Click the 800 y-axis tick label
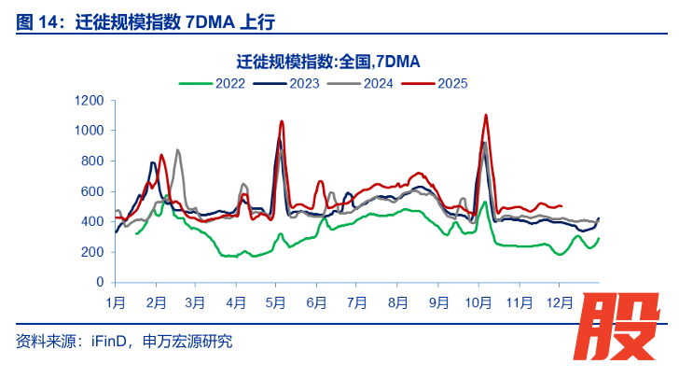point(92,161)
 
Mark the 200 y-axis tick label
point(92,252)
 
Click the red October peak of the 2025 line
point(486,115)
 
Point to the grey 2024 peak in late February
point(177,149)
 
